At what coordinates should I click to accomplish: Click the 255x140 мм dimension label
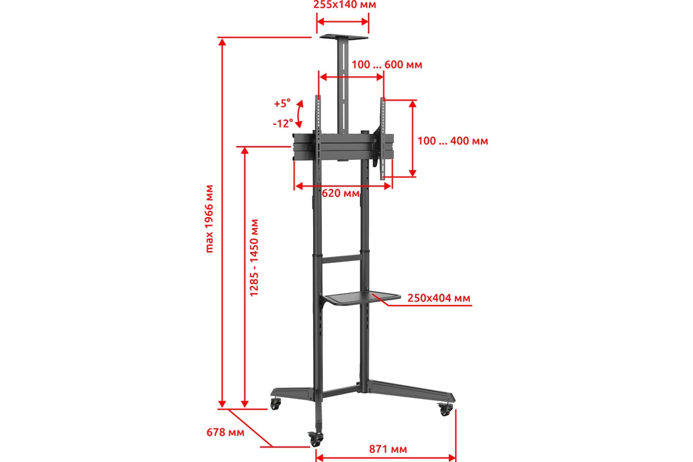coord(345,5)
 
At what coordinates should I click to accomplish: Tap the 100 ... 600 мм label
coord(387,65)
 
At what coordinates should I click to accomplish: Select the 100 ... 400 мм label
coord(453,141)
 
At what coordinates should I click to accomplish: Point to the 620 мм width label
coord(341,193)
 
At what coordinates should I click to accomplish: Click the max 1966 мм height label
coord(210,219)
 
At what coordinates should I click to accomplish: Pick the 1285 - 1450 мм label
coord(254,258)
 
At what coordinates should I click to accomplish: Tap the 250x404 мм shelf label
coord(439,298)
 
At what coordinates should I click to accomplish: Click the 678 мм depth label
coord(225,432)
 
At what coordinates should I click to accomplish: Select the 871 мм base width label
coord(388,449)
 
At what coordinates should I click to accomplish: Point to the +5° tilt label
coord(282,103)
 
